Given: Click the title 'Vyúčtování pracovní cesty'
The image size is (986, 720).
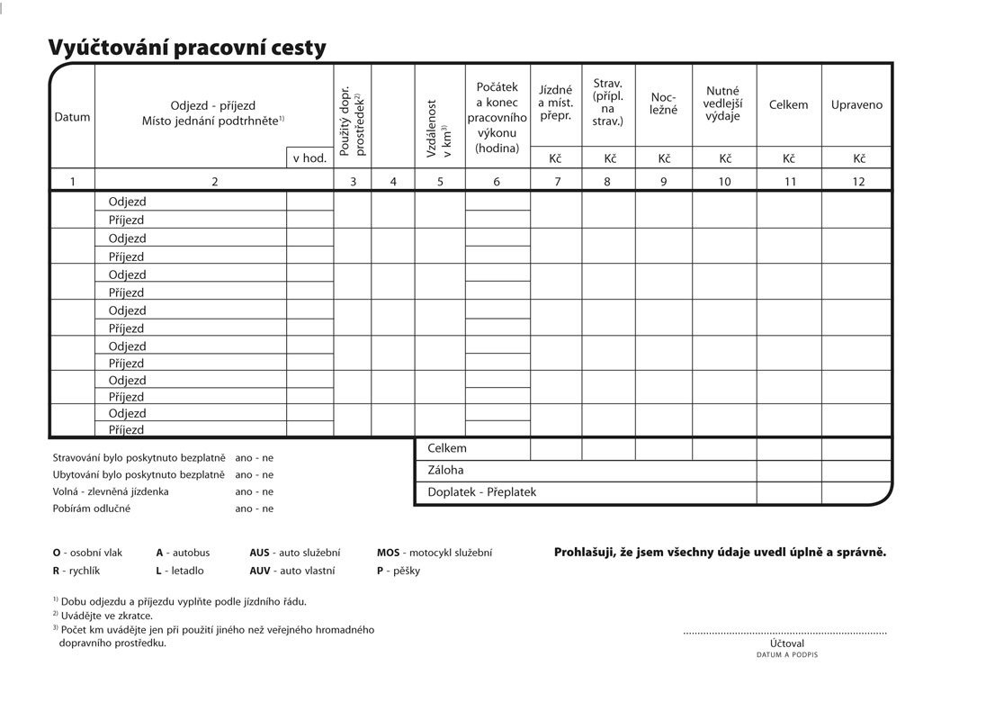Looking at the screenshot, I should pos(187,48).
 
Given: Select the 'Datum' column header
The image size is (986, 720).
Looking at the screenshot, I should pos(72,117).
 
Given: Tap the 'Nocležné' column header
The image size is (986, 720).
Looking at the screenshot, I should pos(664,104).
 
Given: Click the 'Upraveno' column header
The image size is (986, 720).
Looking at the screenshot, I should pos(856,104).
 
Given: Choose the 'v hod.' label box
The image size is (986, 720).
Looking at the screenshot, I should pos(309,157).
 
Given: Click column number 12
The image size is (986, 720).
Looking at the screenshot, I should pos(858,181).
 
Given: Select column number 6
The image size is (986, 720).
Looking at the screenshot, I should pos(497,181).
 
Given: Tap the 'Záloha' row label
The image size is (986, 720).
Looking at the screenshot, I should pos(446,470).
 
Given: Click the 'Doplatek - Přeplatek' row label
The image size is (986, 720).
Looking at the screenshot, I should pos(482,492).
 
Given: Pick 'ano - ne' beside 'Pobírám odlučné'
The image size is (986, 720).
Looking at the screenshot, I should pos(254,508).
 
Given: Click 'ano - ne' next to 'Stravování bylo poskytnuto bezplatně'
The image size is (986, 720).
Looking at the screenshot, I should pos(254,457).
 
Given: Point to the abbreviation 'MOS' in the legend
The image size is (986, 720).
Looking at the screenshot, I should pos(388,553).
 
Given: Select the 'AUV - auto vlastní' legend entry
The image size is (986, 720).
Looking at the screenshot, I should pos(292,571).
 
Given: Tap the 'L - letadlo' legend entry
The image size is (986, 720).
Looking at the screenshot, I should pos(180,571).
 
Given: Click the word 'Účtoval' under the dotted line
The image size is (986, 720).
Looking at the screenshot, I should pos(787,643).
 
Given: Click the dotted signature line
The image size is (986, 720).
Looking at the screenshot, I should pos(784,634).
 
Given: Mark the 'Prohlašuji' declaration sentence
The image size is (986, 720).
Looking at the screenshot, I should pos(720,552).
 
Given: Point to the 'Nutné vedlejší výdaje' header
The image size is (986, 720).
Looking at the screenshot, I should pos(723,104).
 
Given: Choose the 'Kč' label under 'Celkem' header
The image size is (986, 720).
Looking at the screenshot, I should pos(789,158).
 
